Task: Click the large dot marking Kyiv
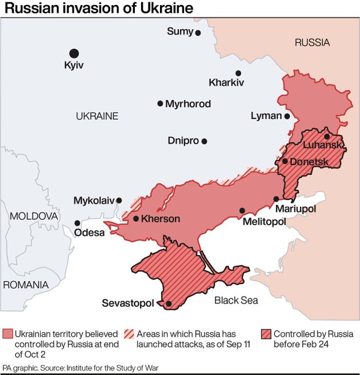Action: tap(74, 53)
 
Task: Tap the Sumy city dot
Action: tap(198, 33)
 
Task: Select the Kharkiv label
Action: tap(226, 83)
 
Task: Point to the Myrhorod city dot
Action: tap(160, 103)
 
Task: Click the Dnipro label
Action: tap(183, 141)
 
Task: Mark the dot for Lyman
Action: tap(287, 116)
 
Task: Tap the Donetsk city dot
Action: tap(285, 161)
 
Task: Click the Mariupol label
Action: tap(295, 210)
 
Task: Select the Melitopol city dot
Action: tap(242, 210)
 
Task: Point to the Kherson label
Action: tap(161, 219)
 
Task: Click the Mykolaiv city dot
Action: tap(119, 201)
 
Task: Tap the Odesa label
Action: tap(90, 233)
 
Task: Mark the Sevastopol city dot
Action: tap(169, 304)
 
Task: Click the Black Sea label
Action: tap(236, 300)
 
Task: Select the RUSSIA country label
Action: tap(312, 42)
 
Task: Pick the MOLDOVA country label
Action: tap(33, 217)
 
